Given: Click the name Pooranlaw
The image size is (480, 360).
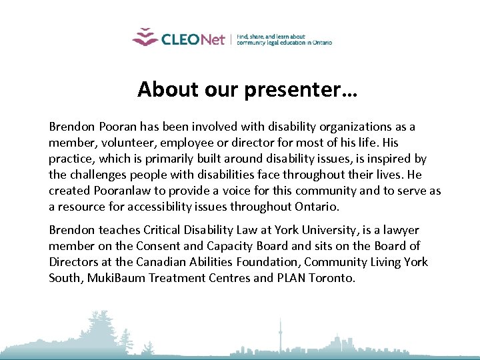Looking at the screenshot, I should coord(123,191).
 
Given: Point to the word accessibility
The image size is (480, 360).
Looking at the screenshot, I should coord(186,207).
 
